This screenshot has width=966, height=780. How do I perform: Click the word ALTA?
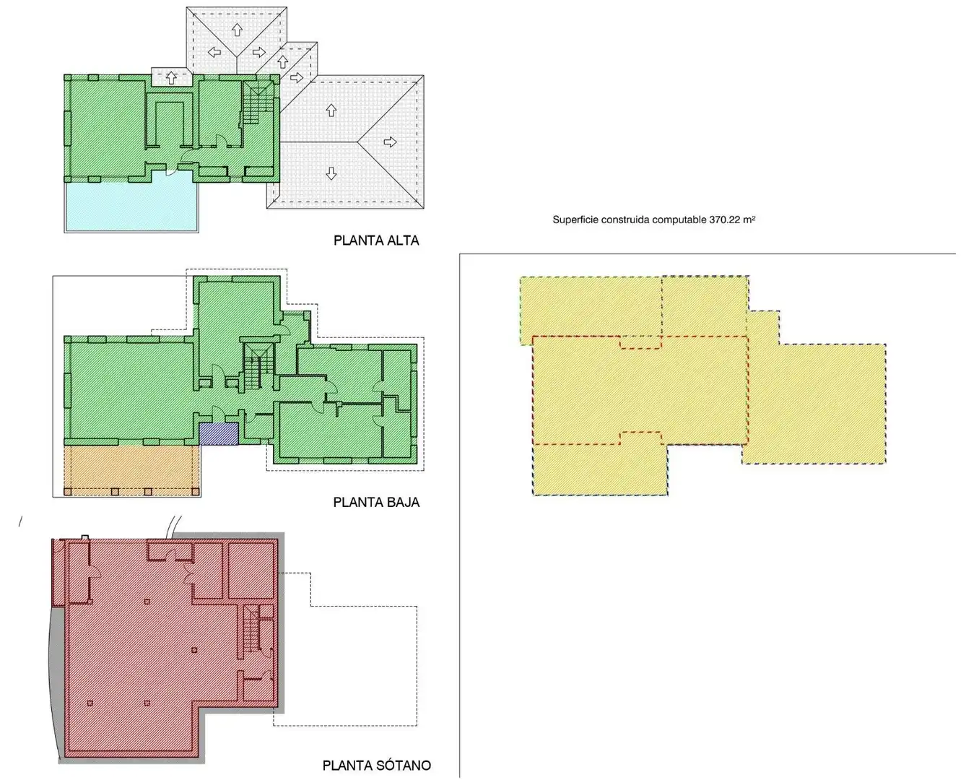coord(399,240)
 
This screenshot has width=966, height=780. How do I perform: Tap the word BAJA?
coord(399,502)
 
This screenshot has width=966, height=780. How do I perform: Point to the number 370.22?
coord(724,220)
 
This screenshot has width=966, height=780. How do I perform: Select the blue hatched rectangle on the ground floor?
coord(219,434)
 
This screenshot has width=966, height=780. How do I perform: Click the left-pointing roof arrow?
coord(214,53)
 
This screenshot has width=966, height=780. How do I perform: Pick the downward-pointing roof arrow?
coord(331,173)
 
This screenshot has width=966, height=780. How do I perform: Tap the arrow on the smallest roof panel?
coord(171,77)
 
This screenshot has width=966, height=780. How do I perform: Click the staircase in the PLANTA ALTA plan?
coord(257,103)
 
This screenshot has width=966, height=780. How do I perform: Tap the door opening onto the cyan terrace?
coord(171,171)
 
